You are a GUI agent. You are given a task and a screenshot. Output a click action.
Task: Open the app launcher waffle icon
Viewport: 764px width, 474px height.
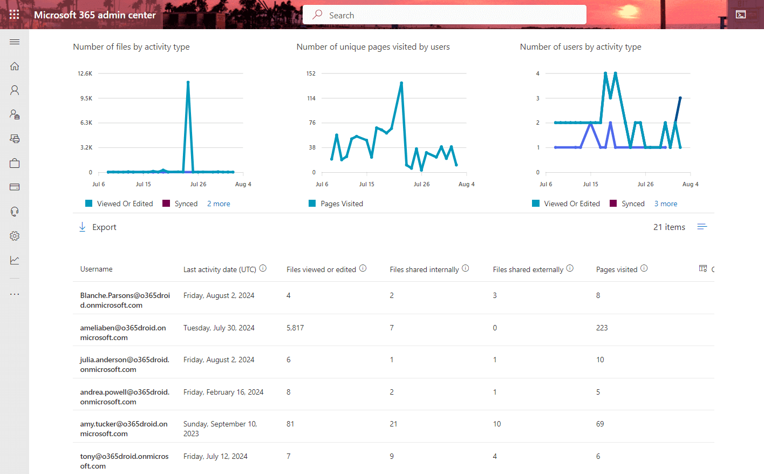click(x=15, y=15)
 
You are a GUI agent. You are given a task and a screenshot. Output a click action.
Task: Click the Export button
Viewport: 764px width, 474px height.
click(x=98, y=227)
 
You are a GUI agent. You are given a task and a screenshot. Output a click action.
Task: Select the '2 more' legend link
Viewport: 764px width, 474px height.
click(x=219, y=204)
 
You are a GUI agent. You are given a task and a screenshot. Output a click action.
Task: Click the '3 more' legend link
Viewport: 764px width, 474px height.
click(x=665, y=204)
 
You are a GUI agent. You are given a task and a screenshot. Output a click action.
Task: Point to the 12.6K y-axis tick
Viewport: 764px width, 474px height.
click(x=85, y=73)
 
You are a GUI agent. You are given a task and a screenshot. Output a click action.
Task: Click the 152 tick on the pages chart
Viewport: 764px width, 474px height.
click(x=311, y=73)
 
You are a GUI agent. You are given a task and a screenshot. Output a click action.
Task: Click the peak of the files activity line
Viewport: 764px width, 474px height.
click(x=188, y=82)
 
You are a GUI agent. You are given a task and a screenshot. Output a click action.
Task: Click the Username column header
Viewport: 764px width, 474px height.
click(x=97, y=269)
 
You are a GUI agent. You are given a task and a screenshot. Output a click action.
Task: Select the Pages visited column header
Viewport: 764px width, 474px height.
click(x=616, y=269)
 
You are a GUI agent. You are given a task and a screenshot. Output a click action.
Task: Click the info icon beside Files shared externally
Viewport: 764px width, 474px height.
click(x=570, y=268)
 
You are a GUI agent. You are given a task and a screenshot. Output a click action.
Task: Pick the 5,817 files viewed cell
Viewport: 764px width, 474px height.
click(x=295, y=328)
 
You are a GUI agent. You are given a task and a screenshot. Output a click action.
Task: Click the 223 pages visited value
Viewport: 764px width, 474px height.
click(x=602, y=328)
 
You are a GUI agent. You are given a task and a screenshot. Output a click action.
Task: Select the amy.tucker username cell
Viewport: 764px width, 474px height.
click(x=124, y=429)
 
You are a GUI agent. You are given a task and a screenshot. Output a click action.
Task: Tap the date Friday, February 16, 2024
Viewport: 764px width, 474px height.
click(x=223, y=392)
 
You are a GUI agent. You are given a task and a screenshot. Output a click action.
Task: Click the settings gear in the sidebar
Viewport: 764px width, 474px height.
click(x=15, y=236)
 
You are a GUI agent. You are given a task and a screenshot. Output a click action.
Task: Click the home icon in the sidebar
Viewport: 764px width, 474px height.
click(x=15, y=66)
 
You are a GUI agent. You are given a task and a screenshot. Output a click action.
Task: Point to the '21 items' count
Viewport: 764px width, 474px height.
click(x=669, y=227)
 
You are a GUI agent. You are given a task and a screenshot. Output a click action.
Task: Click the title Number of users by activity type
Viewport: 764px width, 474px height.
click(x=580, y=47)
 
